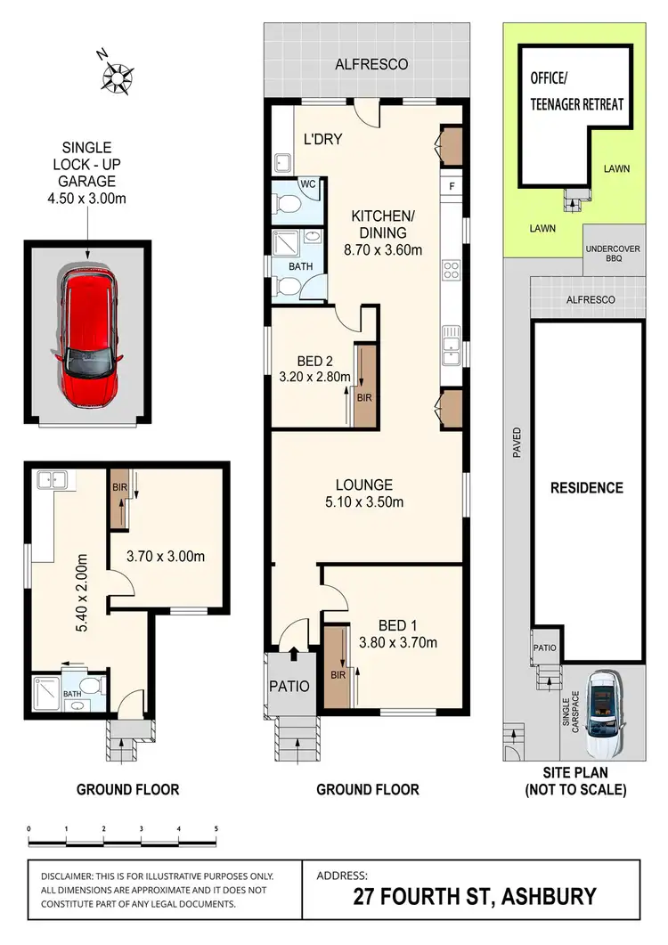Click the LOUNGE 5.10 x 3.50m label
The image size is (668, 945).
click(x=363, y=493)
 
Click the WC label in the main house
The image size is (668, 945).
click(x=308, y=184)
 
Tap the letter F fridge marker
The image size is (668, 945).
click(x=452, y=187)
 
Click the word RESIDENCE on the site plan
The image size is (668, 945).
click(x=586, y=488)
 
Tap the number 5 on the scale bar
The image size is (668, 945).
click(x=216, y=828)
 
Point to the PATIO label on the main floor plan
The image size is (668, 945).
click(x=289, y=687)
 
